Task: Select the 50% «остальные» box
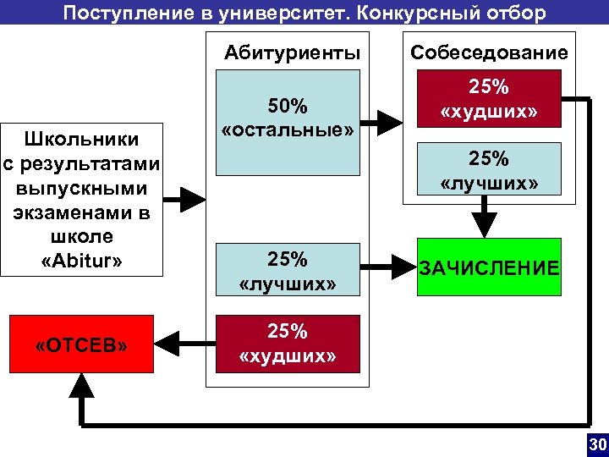tap(288, 118)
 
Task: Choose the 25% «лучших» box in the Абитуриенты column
tap(288, 270)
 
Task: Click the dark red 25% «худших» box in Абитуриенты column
tap(288, 344)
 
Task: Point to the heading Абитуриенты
tap(292, 53)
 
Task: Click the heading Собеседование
tap(489, 53)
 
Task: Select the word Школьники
tap(81, 138)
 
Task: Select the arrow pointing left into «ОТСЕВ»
tap(184, 344)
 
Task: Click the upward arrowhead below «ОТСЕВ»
tap(81, 388)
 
